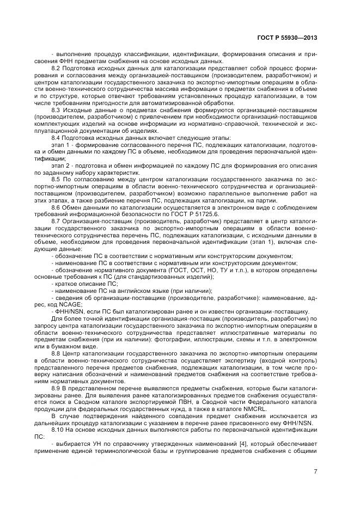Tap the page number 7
315,471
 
